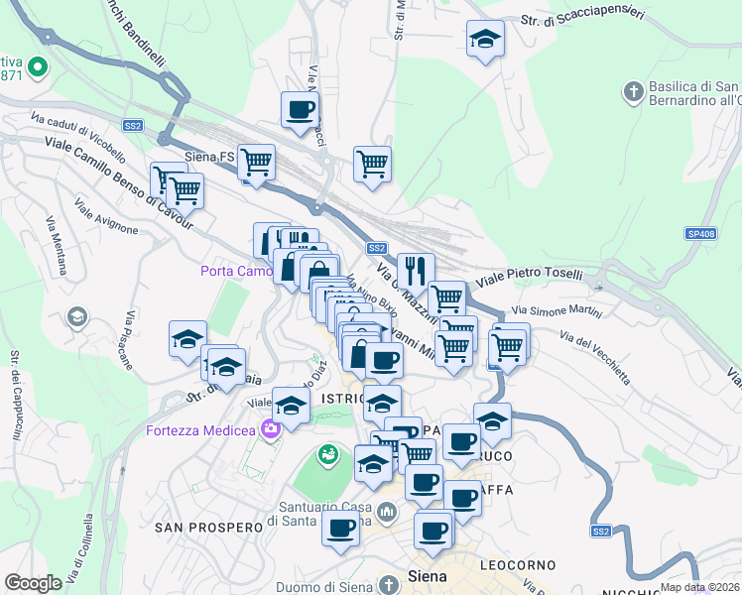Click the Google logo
(33, 583)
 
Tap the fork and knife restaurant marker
(416, 270)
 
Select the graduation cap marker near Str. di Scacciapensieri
(484, 39)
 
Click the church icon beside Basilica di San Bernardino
(633, 93)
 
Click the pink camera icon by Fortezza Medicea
(270, 428)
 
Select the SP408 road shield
(699, 234)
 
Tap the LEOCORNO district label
(517, 563)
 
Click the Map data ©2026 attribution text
(698, 587)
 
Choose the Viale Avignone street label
(107, 220)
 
